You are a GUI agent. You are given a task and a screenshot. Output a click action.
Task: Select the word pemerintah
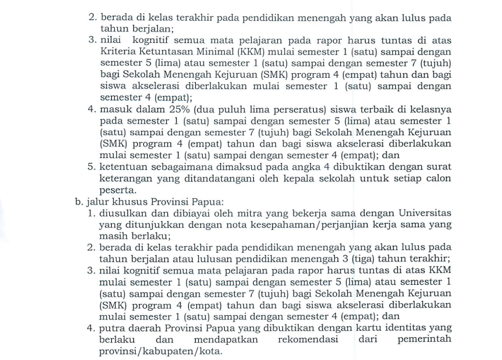pos(425,340)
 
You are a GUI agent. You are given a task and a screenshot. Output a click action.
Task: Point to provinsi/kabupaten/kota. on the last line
pos(161,351)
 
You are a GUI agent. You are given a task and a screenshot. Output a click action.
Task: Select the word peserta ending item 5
pos(117,189)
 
